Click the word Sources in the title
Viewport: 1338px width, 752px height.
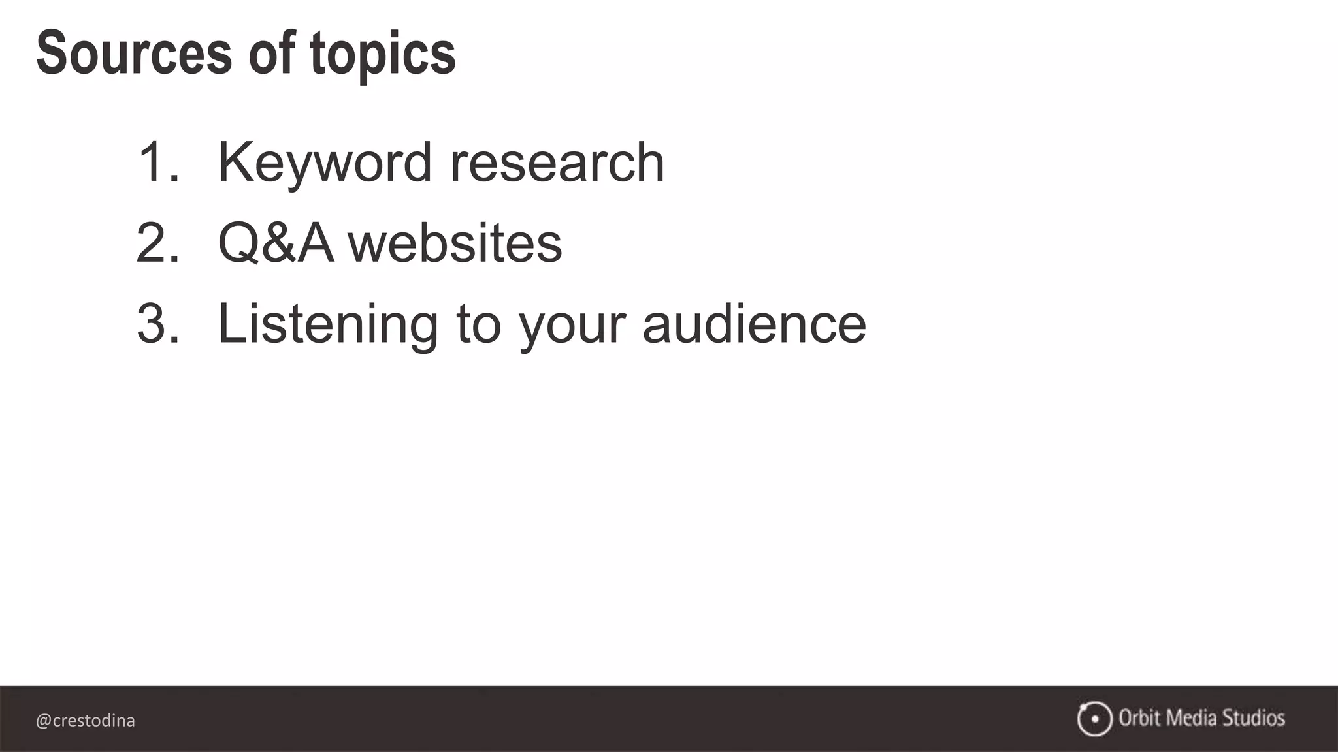(134, 54)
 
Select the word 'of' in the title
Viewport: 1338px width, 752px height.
(271, 54)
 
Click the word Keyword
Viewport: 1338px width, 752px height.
(325, 163)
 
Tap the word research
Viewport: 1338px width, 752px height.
(557, 163)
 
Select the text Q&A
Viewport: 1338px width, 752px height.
(276, 243)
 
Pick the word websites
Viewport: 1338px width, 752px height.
(455, 243)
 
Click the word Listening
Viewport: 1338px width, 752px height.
(327, 324)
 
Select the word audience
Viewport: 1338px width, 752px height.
(754, 324)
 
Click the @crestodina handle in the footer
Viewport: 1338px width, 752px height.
(86, 721)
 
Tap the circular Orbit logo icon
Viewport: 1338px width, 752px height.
(1094, 719)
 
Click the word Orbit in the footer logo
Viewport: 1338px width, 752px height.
(1139, 718)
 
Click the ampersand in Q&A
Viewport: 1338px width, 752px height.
(278, 243)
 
